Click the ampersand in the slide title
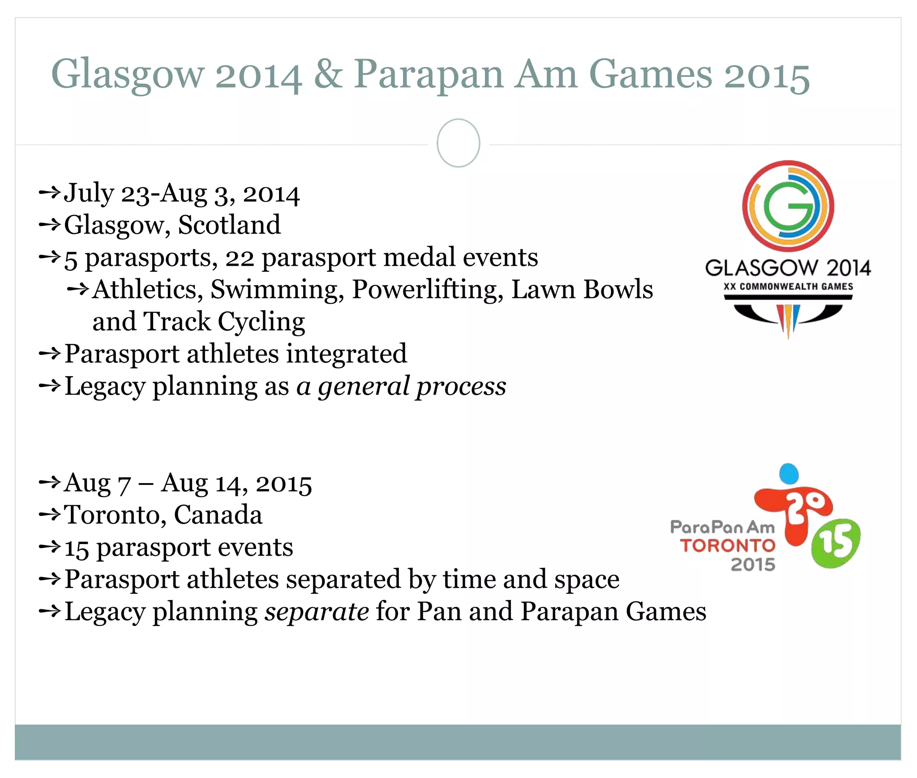328,75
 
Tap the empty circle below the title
458,143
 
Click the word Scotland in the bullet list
229,225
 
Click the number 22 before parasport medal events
240,258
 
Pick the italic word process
461,387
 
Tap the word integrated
347,354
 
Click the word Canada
218,515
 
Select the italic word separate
317,612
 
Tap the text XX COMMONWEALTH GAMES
788,286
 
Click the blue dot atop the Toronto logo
789,473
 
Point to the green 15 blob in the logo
836,543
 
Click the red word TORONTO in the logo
728,546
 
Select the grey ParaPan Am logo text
722,527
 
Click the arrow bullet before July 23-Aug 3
49,193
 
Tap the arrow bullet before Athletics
78,289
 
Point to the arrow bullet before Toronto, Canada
49,514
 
